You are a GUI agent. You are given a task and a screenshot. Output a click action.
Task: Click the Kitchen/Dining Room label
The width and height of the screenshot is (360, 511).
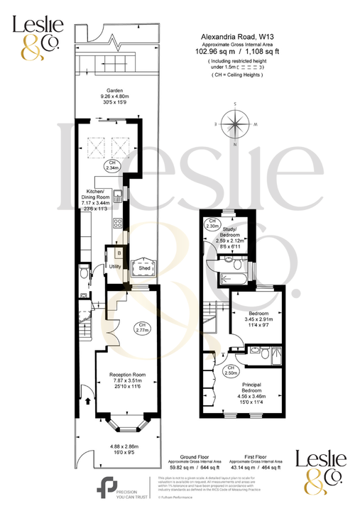[x=96, y=193]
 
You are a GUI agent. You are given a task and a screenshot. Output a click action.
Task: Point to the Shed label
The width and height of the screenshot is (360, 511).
[x=144, y=269]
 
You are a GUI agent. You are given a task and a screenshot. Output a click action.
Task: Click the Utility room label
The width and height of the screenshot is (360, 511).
[x=114, y=266]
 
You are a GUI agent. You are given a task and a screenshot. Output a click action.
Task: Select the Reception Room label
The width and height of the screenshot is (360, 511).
[x=128, y=374]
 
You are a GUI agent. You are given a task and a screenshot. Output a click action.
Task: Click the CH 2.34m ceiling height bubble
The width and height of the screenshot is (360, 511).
[x=111, y=166]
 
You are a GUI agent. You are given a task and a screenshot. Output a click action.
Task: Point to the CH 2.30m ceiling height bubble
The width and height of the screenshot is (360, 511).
[x=212, y=224]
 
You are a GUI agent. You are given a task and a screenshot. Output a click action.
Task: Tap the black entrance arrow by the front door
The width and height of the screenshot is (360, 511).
[x=88, y=400]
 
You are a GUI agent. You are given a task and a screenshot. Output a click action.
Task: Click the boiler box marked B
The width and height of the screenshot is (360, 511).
[x=119, y=252]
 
